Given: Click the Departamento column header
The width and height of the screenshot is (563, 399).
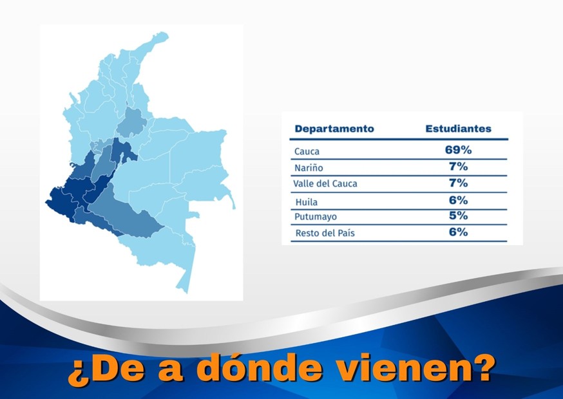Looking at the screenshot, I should [x=334, y=129].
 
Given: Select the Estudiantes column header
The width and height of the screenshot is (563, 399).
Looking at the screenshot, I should [x=458, y=129].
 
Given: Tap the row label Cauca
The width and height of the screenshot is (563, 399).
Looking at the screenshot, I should [x=307, y=152].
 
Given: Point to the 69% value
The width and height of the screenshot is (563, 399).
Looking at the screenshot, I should [x=458, y=150].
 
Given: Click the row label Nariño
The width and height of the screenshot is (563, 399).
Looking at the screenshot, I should [x=309, y=168].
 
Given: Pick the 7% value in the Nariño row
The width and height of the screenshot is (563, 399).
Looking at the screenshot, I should [x=458, y=167].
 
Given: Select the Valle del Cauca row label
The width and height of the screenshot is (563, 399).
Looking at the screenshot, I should [x=325, y=184].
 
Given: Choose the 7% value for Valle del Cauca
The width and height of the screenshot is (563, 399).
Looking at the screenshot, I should [x=458, y=183].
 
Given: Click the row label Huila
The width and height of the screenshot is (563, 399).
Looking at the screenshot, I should [x=307, y=201].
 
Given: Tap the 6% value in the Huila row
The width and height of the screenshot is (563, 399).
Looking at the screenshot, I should [x=458, y=200].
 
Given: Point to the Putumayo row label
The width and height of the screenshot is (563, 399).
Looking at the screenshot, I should [x=316, y=218].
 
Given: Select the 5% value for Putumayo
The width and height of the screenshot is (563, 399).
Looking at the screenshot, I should [x=458, y=216].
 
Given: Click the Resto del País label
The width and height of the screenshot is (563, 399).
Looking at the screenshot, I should [x=325, y=234].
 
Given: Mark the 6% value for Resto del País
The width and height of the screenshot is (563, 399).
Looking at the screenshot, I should [x=458, y=232].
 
